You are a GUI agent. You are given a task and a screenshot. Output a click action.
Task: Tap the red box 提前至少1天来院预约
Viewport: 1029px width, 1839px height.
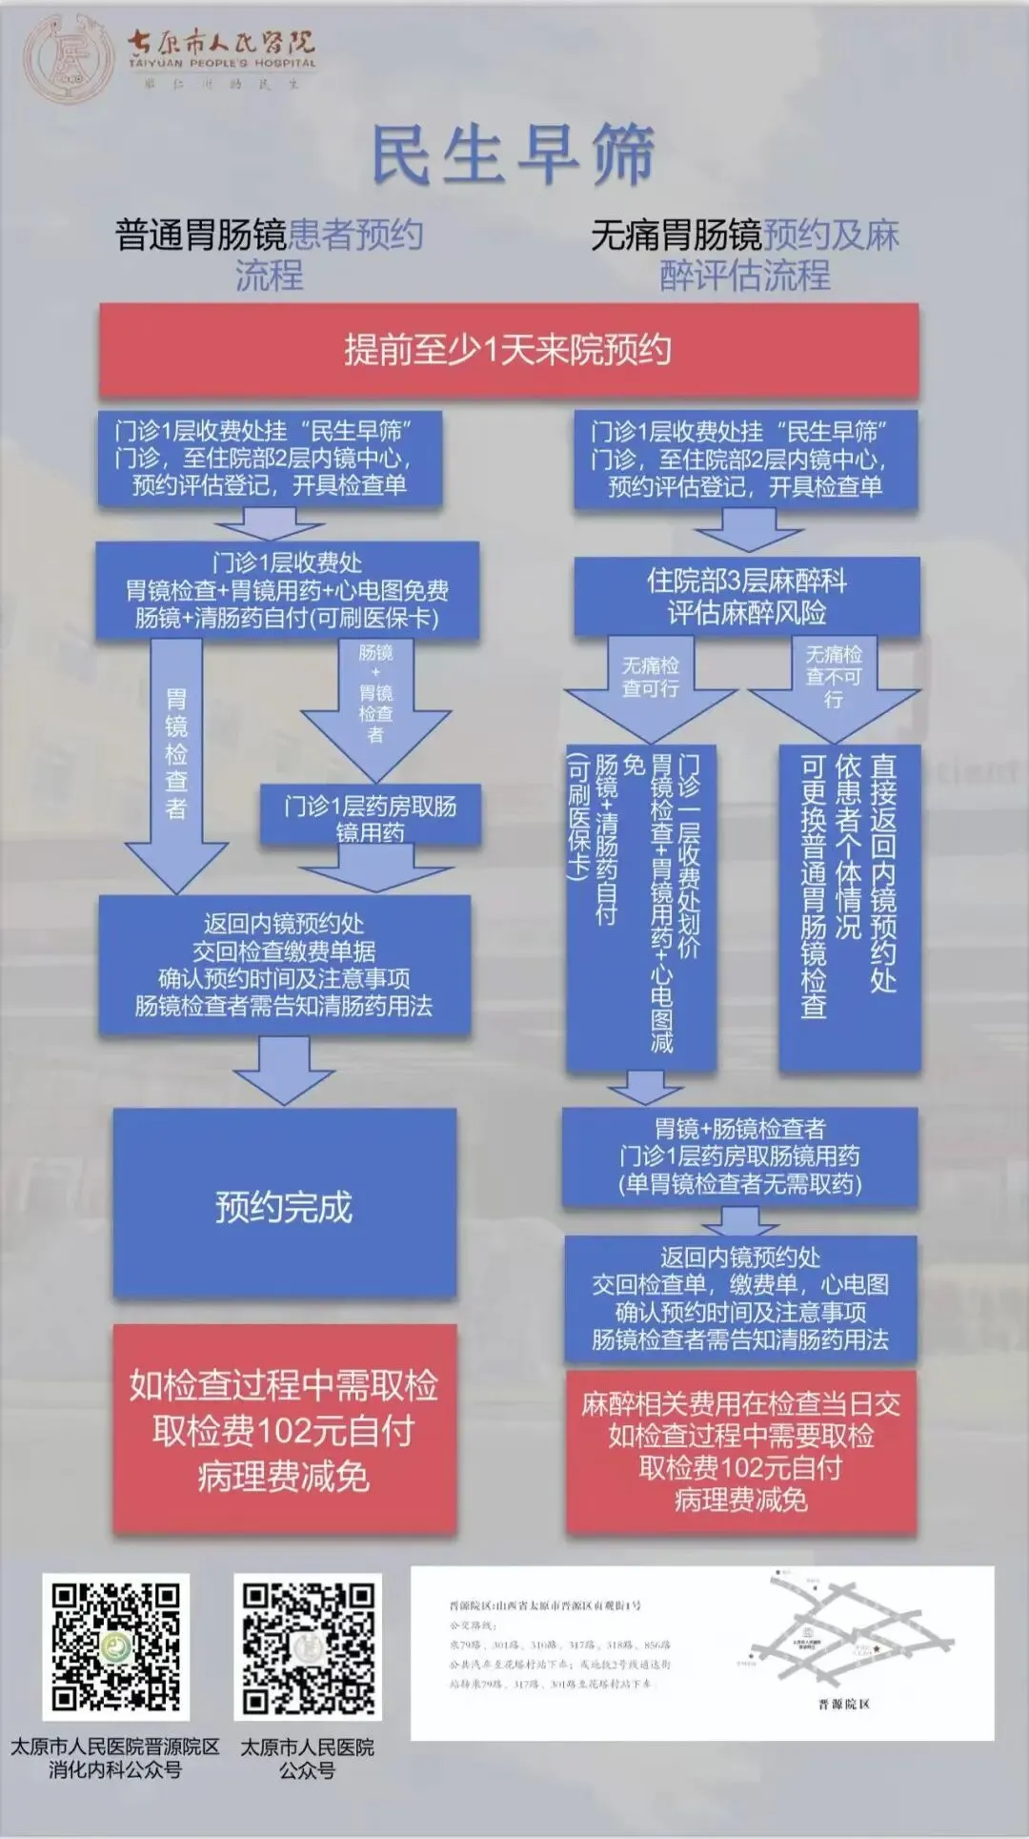509,351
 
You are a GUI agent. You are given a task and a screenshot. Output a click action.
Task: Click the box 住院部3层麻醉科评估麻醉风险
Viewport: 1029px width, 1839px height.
746,597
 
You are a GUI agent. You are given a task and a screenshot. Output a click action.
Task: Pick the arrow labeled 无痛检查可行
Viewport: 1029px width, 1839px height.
651,686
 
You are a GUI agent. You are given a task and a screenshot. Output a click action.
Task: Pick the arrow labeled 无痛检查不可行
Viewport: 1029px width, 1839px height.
834,686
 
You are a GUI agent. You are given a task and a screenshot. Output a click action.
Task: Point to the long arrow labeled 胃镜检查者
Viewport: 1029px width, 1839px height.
176,763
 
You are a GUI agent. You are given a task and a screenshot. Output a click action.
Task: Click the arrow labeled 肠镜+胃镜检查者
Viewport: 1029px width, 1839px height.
375,705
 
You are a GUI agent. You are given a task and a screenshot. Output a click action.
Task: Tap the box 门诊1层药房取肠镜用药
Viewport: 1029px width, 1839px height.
371,818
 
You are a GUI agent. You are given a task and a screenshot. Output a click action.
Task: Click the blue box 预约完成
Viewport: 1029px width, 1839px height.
284,1207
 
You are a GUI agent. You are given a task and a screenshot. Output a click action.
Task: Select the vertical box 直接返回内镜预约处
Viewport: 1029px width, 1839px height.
850,906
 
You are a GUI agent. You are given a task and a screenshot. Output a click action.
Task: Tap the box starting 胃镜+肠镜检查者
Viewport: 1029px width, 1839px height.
739,1156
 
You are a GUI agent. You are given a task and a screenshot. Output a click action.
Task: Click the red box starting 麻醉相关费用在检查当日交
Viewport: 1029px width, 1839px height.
740,1451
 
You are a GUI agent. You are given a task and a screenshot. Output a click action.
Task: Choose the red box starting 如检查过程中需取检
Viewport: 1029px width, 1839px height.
284,1430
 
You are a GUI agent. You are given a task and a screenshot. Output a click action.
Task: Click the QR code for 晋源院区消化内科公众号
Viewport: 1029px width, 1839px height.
115,1646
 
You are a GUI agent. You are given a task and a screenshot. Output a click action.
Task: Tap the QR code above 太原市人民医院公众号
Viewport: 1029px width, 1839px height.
308,1646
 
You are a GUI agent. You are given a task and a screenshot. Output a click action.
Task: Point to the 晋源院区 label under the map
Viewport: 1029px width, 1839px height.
843,1704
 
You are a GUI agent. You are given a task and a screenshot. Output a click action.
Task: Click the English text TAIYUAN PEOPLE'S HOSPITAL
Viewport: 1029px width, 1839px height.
222,63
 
